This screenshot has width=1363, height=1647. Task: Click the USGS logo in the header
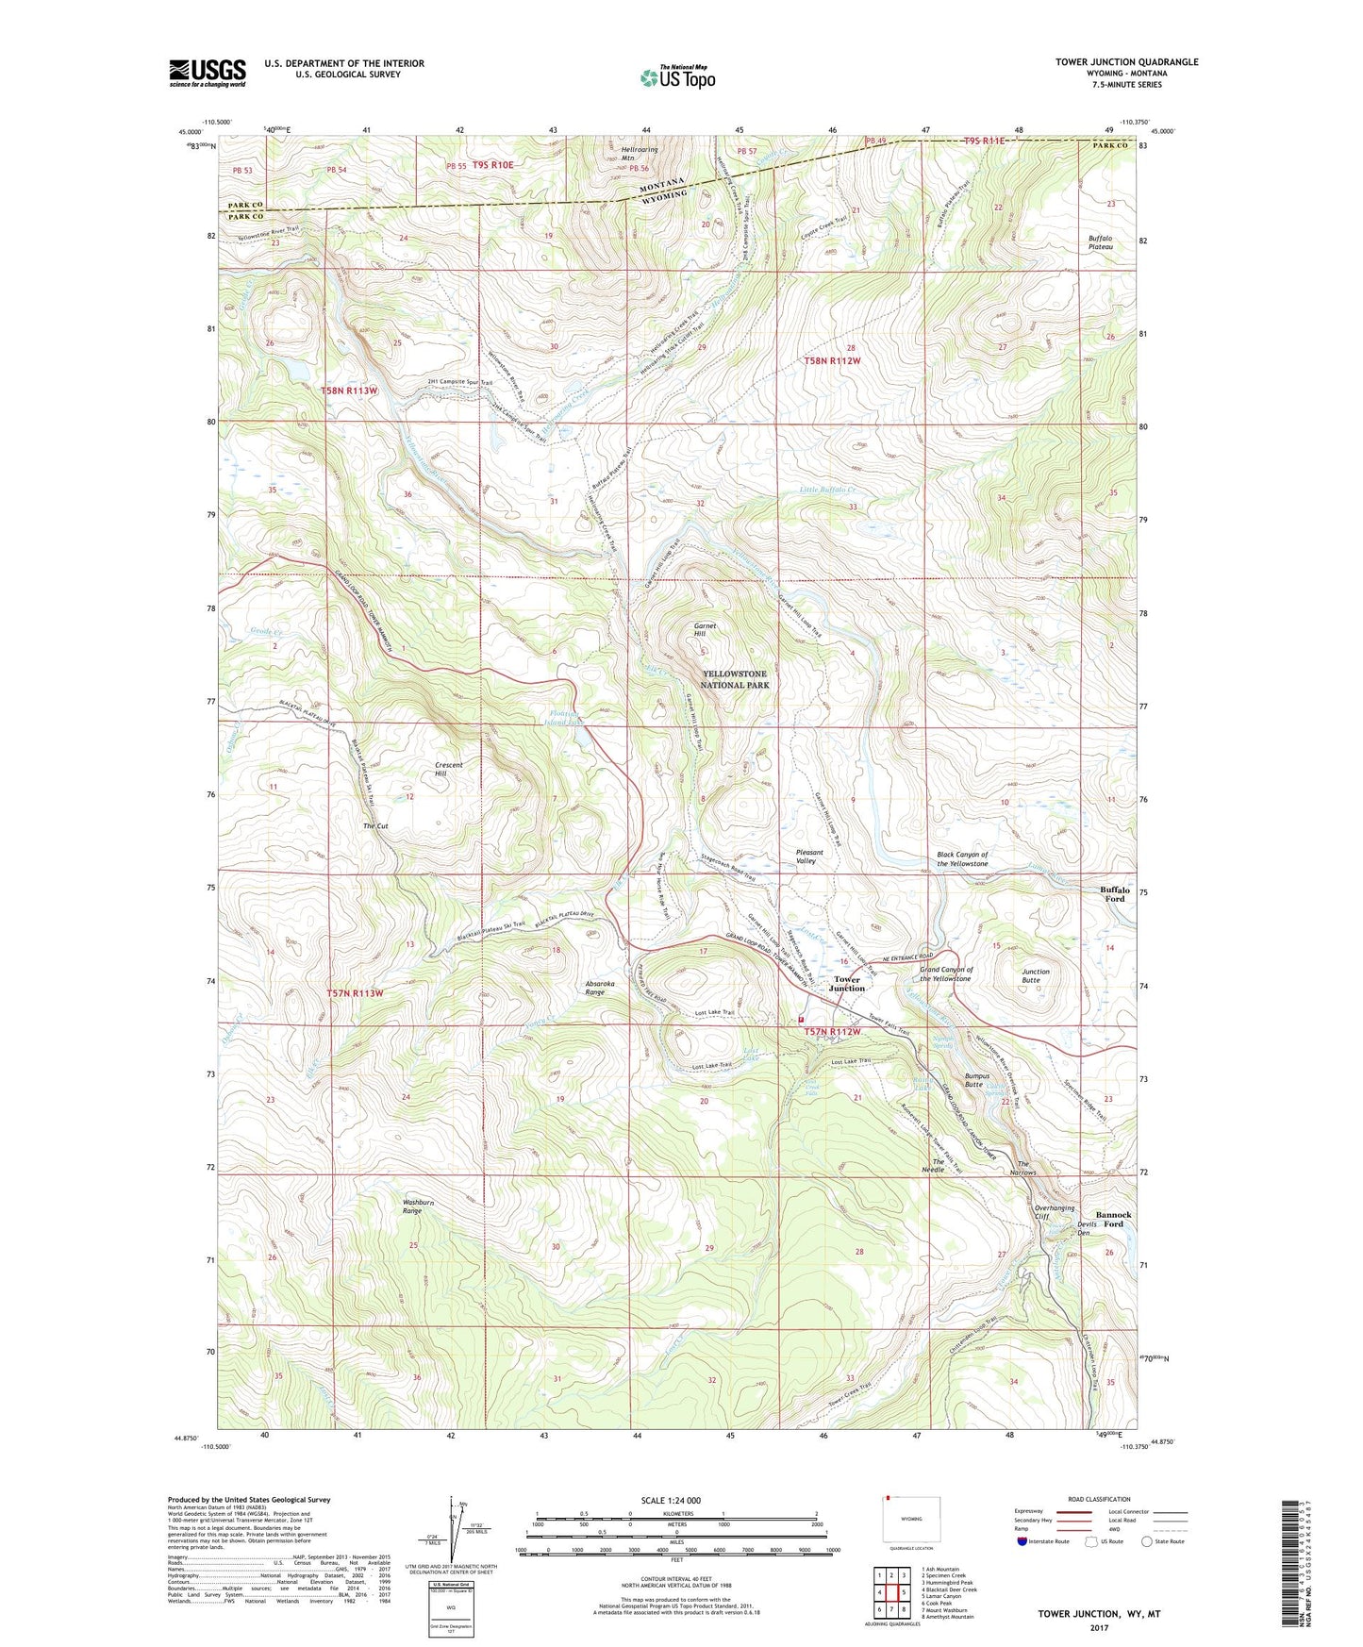pos(207,72)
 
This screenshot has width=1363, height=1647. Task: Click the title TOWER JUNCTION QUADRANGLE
pos(1126,62)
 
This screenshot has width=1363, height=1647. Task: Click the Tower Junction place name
pos(846,984)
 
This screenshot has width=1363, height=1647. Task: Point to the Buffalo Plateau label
pos(1099,243)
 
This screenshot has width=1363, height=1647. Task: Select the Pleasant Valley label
pos(809,857)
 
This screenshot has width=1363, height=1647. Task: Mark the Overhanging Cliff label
pos(1054,1212)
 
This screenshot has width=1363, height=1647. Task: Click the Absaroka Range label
pos(594,988)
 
